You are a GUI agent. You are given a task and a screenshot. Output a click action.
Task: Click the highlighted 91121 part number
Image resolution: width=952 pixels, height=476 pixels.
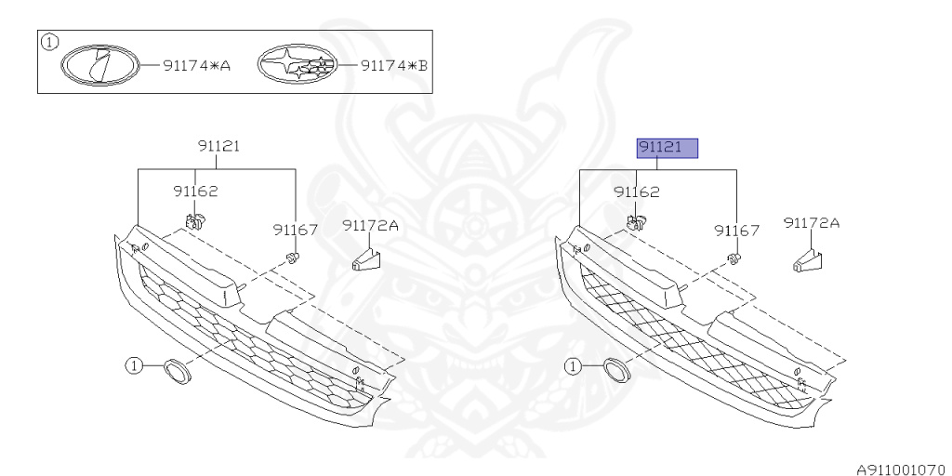667,148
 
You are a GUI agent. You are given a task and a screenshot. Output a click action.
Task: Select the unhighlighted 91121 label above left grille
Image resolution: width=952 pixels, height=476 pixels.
219,147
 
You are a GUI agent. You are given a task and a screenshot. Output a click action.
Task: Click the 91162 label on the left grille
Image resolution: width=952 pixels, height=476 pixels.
194,192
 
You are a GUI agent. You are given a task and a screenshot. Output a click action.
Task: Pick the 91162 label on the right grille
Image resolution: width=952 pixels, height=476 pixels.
636,192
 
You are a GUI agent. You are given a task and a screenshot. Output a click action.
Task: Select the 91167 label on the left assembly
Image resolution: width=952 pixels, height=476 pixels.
296,229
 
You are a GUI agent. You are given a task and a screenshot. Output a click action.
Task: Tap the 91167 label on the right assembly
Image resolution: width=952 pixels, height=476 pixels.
736,229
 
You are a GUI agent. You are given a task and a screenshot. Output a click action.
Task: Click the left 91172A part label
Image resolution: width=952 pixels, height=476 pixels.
370,224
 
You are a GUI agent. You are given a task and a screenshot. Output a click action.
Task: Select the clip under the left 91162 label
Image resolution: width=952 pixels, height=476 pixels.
195,221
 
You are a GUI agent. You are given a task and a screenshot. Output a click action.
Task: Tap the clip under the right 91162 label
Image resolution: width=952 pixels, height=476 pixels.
637,221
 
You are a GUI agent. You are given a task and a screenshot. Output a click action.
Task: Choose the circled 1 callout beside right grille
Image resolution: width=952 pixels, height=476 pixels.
575,366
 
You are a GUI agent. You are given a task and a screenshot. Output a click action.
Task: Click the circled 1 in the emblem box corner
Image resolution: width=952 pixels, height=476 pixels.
50,41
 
